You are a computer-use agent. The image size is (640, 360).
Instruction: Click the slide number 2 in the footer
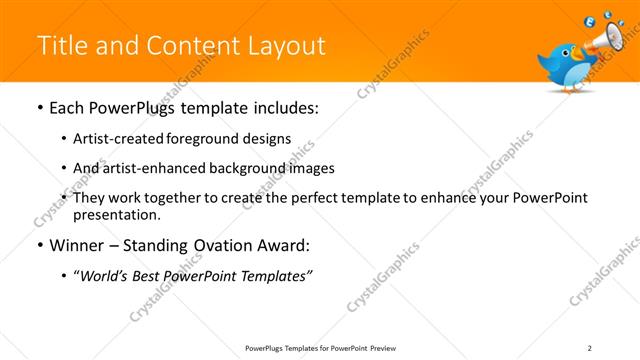(590, 348)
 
